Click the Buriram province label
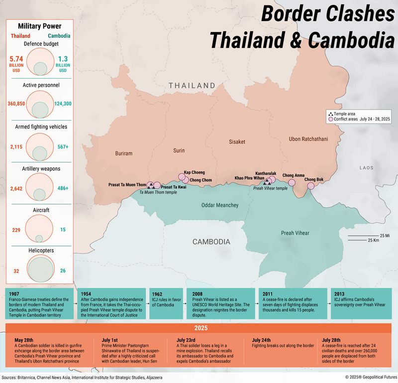point(124,153)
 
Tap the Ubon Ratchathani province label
point(308,139)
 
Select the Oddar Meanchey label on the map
point(219,205)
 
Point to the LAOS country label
point(366,168)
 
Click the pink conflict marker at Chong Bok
point(311,186)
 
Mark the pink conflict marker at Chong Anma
point(292,182)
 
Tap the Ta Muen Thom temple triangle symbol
point(151,185)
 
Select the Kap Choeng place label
point(194,172)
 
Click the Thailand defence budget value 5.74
point(17,59)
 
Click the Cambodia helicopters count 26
point(63,271)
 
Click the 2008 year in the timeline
point(196,294)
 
